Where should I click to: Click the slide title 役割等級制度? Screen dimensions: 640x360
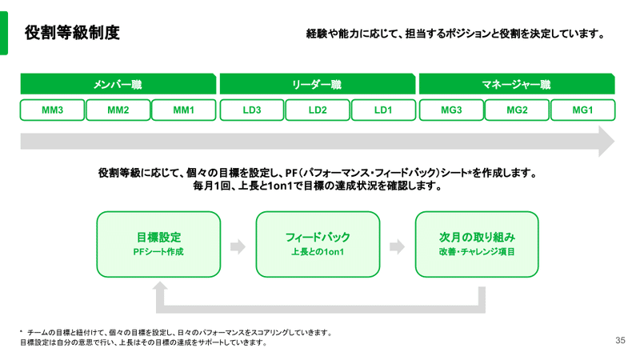(x=72, y=33)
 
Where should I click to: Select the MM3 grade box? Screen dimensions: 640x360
(x=52, y=110)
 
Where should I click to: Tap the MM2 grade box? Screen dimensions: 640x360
(x=118, y=110)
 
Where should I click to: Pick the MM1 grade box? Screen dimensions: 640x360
(x=184, y=110)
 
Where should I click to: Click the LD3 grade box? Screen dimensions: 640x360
(x=252, y=110)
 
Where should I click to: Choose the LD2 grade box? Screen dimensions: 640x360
(x=318, y=110)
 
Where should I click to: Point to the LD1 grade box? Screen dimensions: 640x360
(x=383, y=110)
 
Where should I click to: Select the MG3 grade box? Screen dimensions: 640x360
(x=451, y=110)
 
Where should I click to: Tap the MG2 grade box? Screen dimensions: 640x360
(x=517, y=110)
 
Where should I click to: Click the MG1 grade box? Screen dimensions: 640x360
(x=582, y=110)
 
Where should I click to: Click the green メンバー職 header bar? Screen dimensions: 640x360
(x=118, y=84)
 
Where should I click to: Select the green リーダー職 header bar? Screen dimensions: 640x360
(x=318, y=84)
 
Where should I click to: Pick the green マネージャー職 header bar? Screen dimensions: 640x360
(x=517, y=84)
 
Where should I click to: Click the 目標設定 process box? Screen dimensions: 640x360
(x=158, y=244)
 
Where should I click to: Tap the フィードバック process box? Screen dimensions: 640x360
(x=318, y=244)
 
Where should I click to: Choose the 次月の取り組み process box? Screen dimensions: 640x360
(x=477, y=244)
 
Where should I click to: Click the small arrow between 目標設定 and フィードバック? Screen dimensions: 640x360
(x=238, y=246)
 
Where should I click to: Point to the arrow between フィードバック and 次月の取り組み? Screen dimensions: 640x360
(x=397, y=246)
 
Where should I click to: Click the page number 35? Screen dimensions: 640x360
(x=621, y=340)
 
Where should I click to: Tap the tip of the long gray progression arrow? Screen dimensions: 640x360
(x=614, y=142)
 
